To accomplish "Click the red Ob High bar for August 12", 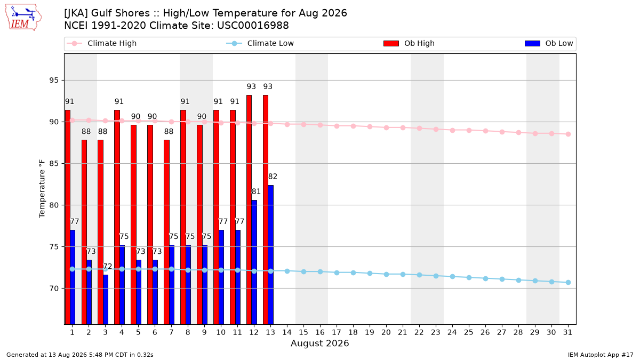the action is (249, 210).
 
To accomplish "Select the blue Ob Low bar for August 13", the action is (270, 255).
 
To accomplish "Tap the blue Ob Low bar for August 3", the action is (106, 299).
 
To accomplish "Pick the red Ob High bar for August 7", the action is (166, 232).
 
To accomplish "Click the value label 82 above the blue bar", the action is (273, 177).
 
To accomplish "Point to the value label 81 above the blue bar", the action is (256, 191).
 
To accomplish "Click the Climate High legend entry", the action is (102, 43).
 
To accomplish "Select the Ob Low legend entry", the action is (549, 43).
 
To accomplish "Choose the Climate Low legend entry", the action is (260, 43).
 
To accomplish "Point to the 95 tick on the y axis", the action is (54, 81).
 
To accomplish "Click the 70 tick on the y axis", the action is (54, 289).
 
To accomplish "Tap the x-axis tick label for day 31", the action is (567, 332).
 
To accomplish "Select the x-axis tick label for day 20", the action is (386, 332).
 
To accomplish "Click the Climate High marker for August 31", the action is (569, 134).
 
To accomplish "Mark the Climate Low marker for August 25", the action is (469, 277).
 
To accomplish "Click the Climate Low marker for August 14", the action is (287, 271).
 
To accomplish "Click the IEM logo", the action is (23, 18).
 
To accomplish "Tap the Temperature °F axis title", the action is (42, 189).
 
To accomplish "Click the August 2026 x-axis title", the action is (319, 343).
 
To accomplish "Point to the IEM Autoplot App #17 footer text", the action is (601, 355).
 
